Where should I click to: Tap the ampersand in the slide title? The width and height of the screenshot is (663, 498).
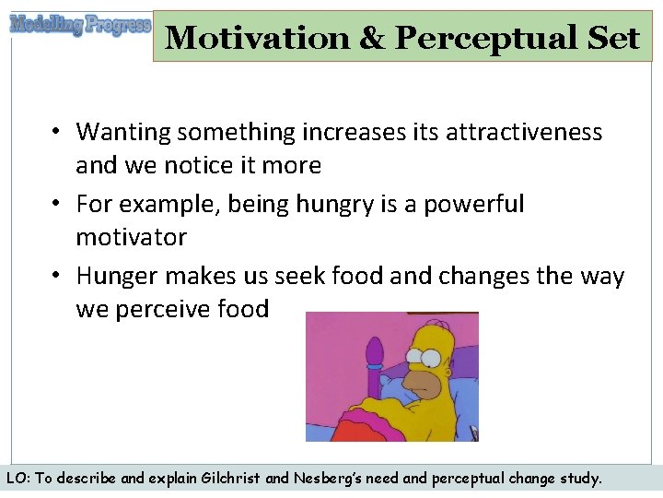coord(372,38)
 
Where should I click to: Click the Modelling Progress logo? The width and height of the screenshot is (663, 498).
coord(79,25)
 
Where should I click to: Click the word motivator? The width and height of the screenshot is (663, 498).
coord(131,237)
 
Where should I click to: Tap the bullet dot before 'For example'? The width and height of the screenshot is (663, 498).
coord(57,204)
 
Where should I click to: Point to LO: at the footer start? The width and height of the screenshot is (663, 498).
coord(18,479)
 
